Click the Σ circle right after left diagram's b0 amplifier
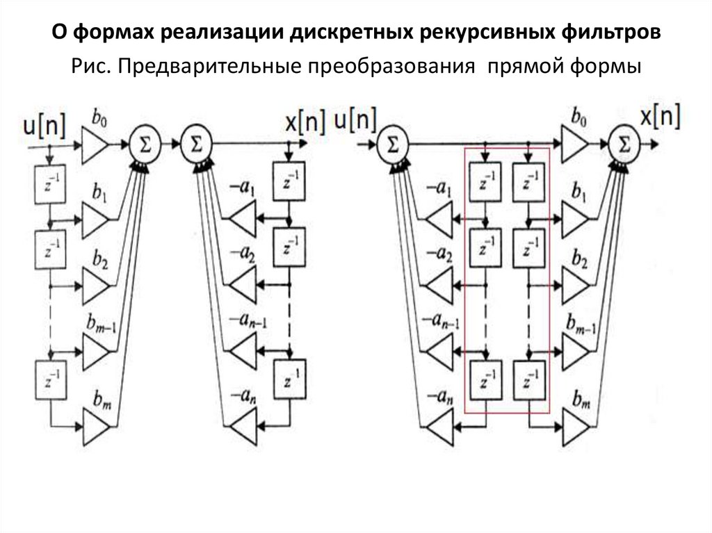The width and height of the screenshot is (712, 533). pyautogui.click(x=143, y=145)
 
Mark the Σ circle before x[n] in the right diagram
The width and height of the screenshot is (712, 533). pyautogui.click(x=624, y=145)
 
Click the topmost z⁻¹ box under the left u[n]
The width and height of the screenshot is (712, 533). pyautogui.click(x=49, y=183)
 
